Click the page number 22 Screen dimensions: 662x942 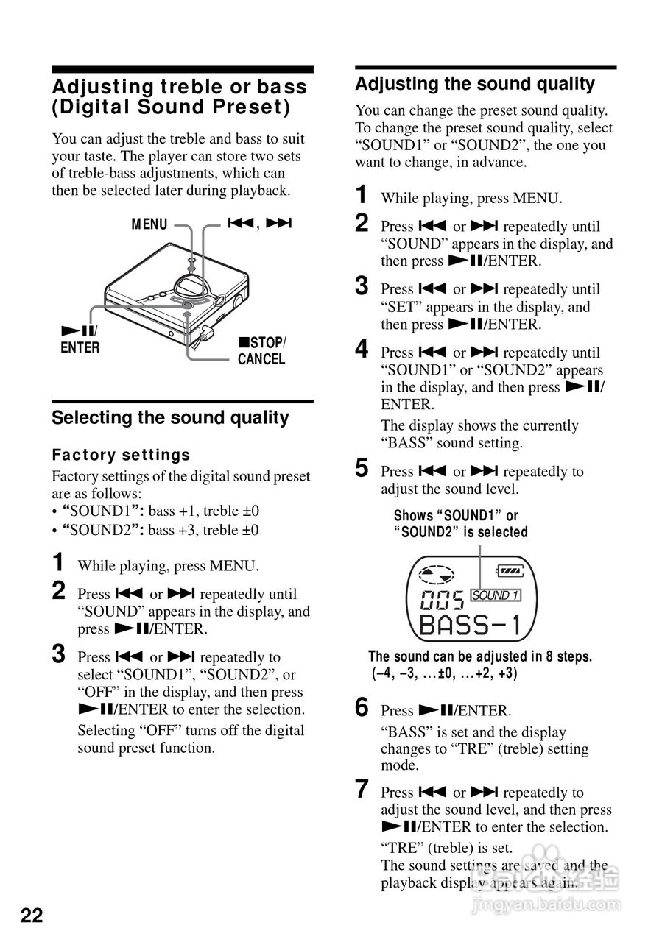coord(32,916)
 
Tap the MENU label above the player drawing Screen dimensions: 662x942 coord(149,224)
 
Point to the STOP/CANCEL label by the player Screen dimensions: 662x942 coord(261,351)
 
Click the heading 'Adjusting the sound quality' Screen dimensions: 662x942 coord(474,84)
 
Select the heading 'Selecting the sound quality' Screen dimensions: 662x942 coord(170,417)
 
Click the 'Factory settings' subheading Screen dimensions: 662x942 coord(121,455)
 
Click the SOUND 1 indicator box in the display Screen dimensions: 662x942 coord(495,595)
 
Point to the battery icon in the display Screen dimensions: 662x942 coord(509,570)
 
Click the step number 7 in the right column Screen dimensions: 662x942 coord(362,790)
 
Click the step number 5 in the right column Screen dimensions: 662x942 coord(362,468)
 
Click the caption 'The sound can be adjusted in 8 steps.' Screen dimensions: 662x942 coord(479,656)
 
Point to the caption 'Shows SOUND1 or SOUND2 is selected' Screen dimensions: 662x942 coord(460,523)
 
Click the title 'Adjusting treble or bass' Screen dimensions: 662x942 coord(179,87)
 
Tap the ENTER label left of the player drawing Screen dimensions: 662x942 coord(80,348)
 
